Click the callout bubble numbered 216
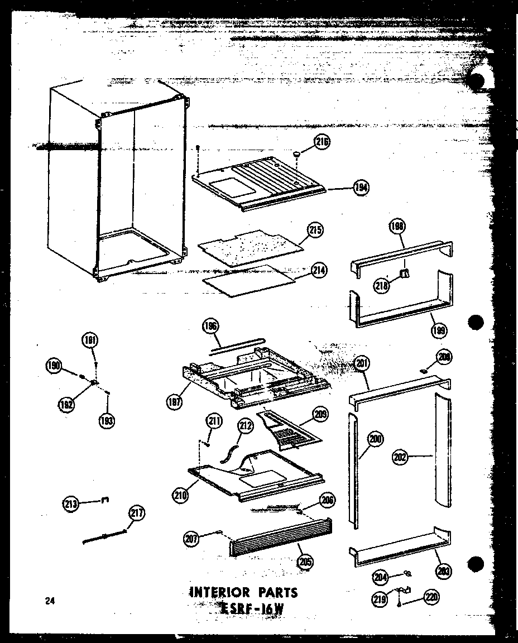322,142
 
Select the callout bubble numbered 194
362,188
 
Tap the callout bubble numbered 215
316,230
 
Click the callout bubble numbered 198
398,226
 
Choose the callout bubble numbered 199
439,330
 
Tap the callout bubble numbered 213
73,504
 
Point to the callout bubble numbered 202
400,458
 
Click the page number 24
51,601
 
